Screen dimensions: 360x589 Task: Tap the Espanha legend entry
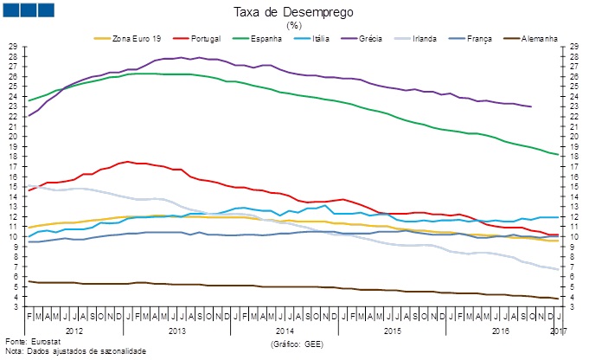point(268,39)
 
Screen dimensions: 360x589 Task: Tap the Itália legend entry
point(331,39)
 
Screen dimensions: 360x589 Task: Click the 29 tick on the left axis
point(13,46)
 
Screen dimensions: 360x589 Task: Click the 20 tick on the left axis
point(13,136)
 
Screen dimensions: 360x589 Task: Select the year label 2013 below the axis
point(177,331)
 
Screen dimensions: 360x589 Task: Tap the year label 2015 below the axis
point(392,331)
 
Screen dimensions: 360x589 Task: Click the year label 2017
point(558,331)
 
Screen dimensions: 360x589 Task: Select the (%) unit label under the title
point(294,25)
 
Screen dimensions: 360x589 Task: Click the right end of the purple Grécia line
point(531,106)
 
